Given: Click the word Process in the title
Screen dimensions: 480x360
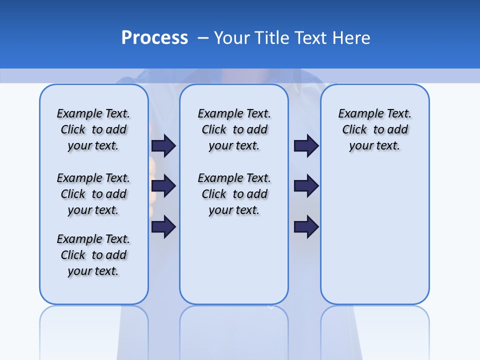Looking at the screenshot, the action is pyautogui.click(x=154, y=38).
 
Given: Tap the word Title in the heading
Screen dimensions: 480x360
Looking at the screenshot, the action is pyautogui.click(x=272, y=38).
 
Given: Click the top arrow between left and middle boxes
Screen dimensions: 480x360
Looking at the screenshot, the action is pyautogui.click(x=163, y=145).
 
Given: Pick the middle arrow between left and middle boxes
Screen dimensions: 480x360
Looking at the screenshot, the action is pyautogui.click(x=163, y=186).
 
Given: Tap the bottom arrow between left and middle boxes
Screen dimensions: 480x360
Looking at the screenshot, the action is pyautogui.click(x=163, y=227).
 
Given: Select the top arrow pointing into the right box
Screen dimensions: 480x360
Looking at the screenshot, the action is pyautogui.click(x=306, y=145).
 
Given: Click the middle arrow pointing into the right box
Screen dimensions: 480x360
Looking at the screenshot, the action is pyautogui.click(x=306, y=186).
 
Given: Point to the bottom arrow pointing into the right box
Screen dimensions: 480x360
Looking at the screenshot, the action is pyautogui.click(x=306, y=227).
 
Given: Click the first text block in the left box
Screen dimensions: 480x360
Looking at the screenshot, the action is pyautogui.click(x=93, y=129).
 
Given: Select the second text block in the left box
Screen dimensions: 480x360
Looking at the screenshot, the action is pyautogui.click(x=93, y=194).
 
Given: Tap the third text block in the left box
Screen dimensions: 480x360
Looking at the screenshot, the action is pyautogui.click(x=93, y=255).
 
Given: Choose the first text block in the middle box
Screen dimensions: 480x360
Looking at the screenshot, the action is pyautogui.click(x=234, y=129).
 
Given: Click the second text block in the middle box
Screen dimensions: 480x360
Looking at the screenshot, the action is pyautogui.click(x=234, y=194).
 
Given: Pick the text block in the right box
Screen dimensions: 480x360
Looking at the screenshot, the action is pyautogui.click(x=375, y=129).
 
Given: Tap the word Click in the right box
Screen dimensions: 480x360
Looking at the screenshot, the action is pyautogui.click(x=354, y=130).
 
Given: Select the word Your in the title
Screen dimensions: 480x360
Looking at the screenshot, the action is pyautogui.click(x=231, y=38).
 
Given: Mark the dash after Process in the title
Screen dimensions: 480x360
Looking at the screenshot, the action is pyautogui.click(x=203, y=38).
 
